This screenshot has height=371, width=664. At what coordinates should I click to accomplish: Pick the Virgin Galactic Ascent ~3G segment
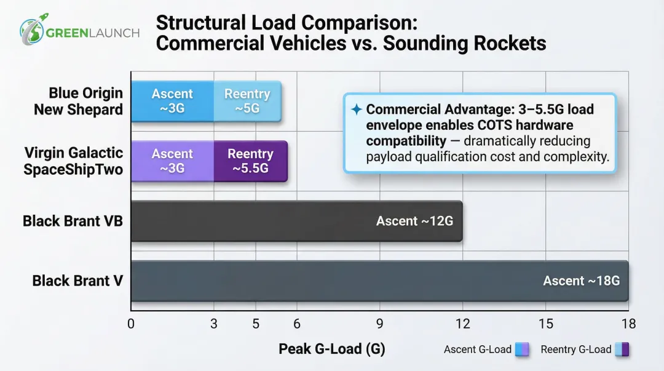[x=172, y=161]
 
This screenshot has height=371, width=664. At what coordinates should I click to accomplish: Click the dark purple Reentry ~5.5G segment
[x=250, y=161]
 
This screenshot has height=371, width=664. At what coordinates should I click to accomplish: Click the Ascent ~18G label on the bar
[x=581, y=281]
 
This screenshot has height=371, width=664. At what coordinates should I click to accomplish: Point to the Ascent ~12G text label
[x=414, y=221]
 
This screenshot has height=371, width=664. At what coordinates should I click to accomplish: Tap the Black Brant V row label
[x=77, y=281]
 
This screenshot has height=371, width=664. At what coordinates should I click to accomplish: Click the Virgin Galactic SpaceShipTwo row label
[x=73, y=161]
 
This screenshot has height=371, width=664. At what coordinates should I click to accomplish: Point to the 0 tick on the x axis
[x=131, y=324]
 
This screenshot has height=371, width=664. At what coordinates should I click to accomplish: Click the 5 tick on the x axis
[x=256, y=324]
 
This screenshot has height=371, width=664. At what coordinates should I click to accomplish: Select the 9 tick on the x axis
[x=379, y=324]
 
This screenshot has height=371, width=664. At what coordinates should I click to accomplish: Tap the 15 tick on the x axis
[x=545, y=324]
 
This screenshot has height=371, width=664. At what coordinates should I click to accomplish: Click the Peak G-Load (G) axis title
[x=331, y=349]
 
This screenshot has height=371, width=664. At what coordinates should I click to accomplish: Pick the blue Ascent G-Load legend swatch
[x=523, y=349]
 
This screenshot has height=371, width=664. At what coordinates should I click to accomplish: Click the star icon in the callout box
[x=356, y=110]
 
